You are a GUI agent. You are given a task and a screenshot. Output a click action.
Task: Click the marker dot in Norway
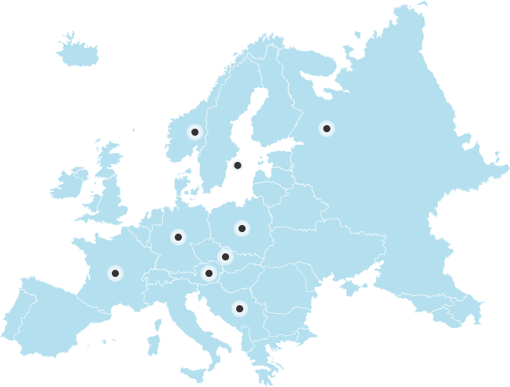[194, 132]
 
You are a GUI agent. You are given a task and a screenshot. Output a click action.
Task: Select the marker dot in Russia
[327, 128]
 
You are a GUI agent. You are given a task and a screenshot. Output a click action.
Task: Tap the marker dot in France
[115, 273]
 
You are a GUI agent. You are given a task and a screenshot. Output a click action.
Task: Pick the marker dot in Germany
[178, 236]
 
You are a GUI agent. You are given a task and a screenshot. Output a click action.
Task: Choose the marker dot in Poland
[242, 229]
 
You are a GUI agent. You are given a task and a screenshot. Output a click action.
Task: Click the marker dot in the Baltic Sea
[237, 165]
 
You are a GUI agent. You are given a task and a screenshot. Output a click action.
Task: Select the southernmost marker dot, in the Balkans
[239, 308]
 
